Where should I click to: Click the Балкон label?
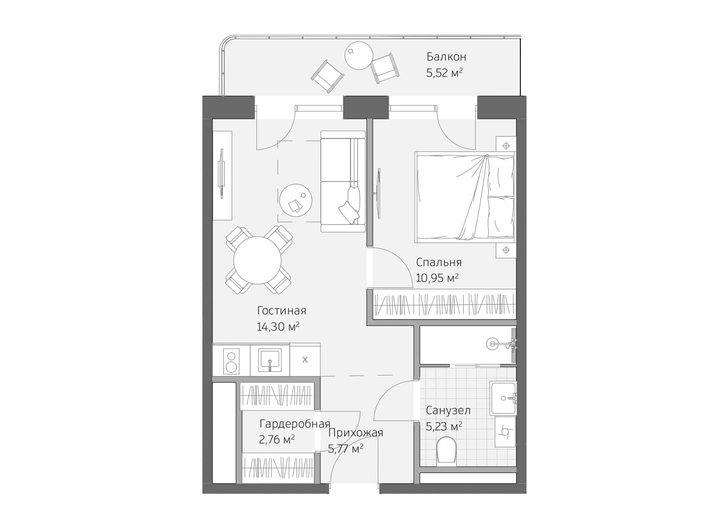(446, 56)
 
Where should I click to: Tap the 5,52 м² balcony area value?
(444, 73)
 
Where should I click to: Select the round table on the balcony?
(359, 56)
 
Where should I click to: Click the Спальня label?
(439, 262)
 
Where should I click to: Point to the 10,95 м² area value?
(437, 278)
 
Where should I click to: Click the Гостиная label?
(281, 310)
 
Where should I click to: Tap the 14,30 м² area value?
(278, 327)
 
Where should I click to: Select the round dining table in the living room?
(257, 260)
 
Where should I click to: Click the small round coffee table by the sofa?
(296, 200)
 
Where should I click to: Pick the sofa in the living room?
(343, 181)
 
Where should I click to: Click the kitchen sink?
(270, 359)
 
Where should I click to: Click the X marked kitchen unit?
(305, 360)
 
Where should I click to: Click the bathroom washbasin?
(503, 398)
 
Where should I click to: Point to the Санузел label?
(448, 411)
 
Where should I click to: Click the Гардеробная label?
(295, 424)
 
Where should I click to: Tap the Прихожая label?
(356, 433)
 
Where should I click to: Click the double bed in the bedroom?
(465, 197)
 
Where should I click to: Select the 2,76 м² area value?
(277, 439)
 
